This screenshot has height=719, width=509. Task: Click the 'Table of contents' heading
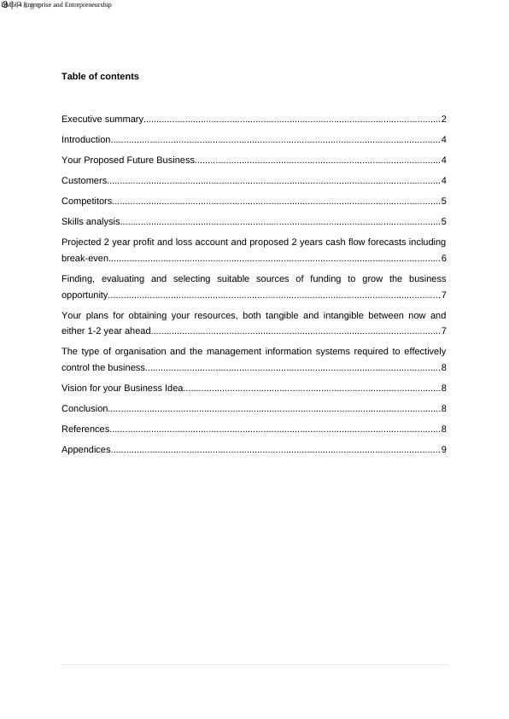coord(100,77)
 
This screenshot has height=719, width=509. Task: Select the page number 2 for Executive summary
coord(444,120)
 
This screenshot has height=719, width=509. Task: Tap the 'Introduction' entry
coord(86,140)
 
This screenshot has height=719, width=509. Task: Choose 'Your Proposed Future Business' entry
coord(128,161)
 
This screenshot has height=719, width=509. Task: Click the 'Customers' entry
coord(85,181)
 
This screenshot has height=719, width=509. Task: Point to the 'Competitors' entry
coord(87,202)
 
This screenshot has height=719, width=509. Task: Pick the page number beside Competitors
coord(444,202)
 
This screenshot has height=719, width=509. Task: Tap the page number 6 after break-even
coord(444,259)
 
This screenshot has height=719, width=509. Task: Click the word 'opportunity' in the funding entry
coord(85,295)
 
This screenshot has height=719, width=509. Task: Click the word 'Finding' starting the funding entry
coord(78,279)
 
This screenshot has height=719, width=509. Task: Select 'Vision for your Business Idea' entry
coord(122,389)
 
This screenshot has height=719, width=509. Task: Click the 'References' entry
coord(85,430)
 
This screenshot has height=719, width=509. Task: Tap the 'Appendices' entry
coord(86,450)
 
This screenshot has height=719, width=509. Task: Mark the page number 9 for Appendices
coord(444,450)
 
